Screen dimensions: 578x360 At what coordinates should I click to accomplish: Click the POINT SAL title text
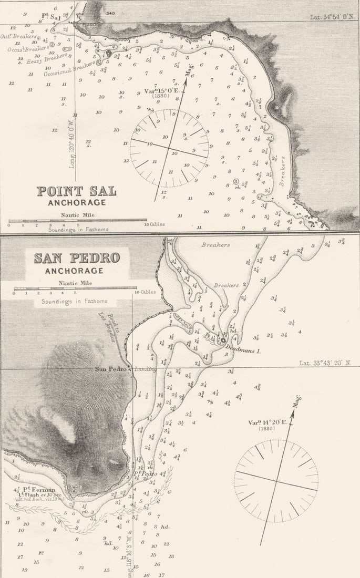click(76, 191)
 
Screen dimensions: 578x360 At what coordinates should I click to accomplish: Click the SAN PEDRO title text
click(77, 258)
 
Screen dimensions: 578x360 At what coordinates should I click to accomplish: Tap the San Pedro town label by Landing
click(111, 369)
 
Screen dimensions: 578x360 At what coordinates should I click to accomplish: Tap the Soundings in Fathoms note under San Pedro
click(71, 301)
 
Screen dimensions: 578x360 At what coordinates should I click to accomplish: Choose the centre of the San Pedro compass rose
click(276, 481)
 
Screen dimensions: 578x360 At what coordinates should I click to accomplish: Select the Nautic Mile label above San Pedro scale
click(74, 283)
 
